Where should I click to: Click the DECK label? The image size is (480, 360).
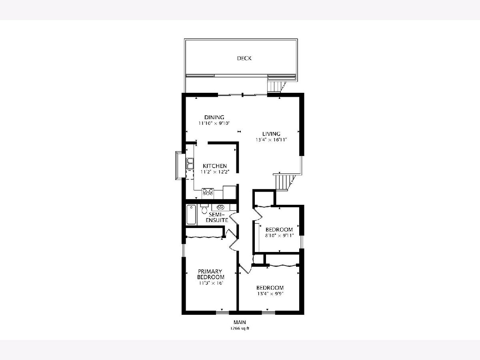coord(244,58)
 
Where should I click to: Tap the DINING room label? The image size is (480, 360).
coord(214,117)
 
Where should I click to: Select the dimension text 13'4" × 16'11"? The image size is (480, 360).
coord(271,140)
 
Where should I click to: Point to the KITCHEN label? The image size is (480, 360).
coord(214,166)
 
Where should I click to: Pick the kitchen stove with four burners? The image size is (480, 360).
coord(208,192)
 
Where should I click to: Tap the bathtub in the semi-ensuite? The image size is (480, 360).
coord(191,214)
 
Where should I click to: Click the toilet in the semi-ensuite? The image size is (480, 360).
coord(204,209)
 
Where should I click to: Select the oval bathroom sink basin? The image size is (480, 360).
coord(221,207)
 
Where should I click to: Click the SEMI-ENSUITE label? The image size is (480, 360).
coord(217,217)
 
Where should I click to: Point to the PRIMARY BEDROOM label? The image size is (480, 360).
coord(210,274)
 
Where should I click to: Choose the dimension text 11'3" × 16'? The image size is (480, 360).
coord(210,283)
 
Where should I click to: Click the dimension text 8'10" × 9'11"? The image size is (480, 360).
coord(279,236)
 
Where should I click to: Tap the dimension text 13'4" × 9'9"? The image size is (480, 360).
coord(270,294)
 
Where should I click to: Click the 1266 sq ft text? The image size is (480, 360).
coord(240,328)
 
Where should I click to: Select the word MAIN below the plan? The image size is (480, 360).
coord(240,322)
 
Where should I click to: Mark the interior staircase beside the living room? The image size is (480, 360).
coord(284,182)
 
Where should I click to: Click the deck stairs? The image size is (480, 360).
coord(275,86)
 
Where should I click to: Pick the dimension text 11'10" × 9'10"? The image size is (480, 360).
coord(214,123)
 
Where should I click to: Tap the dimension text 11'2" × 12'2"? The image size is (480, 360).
coord(215,172)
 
